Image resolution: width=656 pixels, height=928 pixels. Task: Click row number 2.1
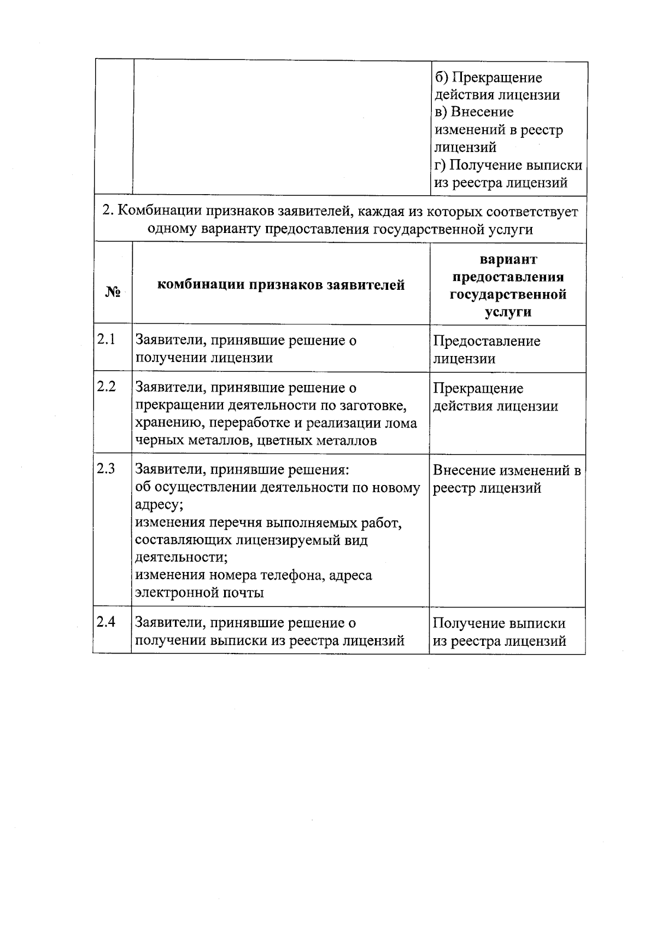[x=106, y=340]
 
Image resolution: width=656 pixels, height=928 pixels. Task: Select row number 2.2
[x=106, y=387]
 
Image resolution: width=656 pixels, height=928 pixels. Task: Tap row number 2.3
[x=106, y=469]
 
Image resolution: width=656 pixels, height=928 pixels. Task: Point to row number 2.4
[x=106, y=622]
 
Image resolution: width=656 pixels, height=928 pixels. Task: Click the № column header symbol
[x=113, y=292]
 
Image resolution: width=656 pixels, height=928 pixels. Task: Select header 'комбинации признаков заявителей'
[x=281, y=285]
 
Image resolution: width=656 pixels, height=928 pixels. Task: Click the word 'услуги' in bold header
[x=508, y=312]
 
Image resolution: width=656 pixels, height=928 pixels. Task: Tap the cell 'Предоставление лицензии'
[x=487, y=349]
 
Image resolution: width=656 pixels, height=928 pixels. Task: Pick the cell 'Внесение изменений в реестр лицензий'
[x=506, y=478]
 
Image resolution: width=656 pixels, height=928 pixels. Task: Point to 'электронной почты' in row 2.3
[x=200, y=593]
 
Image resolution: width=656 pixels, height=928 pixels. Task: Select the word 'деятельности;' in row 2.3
[x=181, y=557]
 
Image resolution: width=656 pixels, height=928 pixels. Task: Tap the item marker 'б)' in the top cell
[x=441, y=78]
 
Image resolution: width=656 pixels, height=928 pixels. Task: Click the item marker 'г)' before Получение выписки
[x=440, y=165]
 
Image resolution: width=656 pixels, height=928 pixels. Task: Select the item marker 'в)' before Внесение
[x=441, y=112]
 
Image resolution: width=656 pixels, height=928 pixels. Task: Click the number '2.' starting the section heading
[x=108, y=211]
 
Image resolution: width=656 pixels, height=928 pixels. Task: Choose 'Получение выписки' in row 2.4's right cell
[x=499, y=623]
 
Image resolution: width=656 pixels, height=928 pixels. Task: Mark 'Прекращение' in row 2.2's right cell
[x=478, y=388]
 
